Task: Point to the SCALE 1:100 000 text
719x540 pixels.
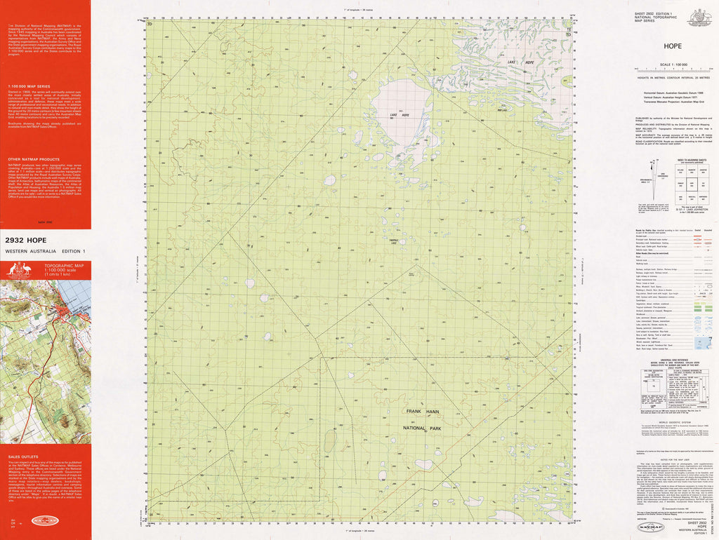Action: pos(673,65)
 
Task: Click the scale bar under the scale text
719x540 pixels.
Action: pos(673,69)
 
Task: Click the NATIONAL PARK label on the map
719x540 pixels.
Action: pos(421,427)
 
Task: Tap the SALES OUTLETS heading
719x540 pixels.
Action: pos(22,456)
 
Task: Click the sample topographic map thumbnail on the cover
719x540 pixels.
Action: pos(46,361)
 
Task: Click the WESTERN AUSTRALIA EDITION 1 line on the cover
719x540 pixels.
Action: pos(45,251)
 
